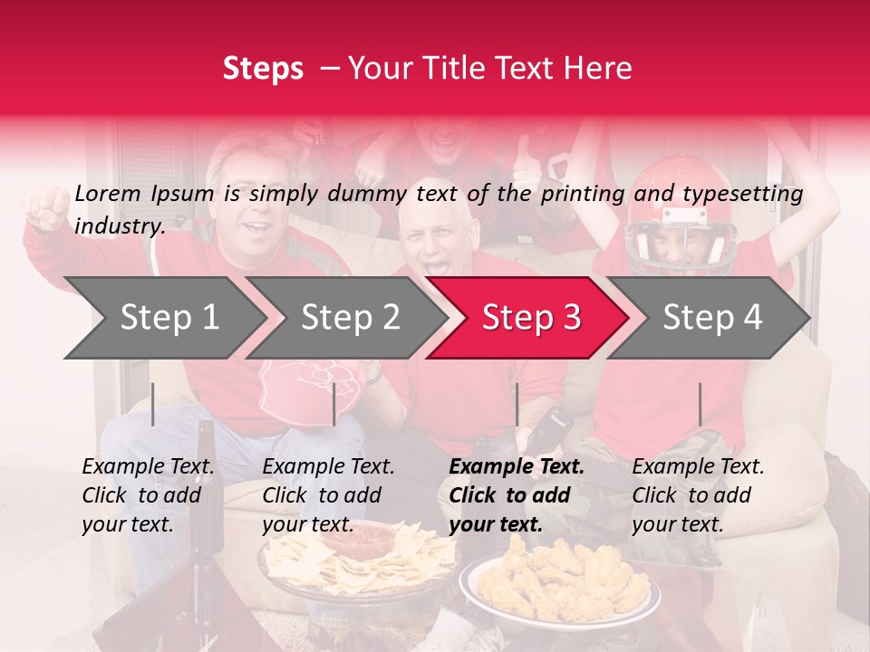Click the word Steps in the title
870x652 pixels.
click(x=263, y=69)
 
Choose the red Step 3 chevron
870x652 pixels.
click(x=529, y=317)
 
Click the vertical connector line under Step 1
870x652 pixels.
click(x=152, y=404)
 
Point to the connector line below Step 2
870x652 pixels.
click(x=334, y=404)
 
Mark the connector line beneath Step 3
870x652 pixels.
click(x=517, y=404)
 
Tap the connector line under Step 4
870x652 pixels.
click(x=700, y=404)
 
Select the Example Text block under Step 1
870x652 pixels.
click(x=148, y=495)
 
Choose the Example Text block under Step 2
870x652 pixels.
click(x=328, y=495)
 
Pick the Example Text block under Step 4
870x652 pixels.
click(x=698, y=495)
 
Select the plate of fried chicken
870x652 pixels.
click(x=557, y=580)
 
